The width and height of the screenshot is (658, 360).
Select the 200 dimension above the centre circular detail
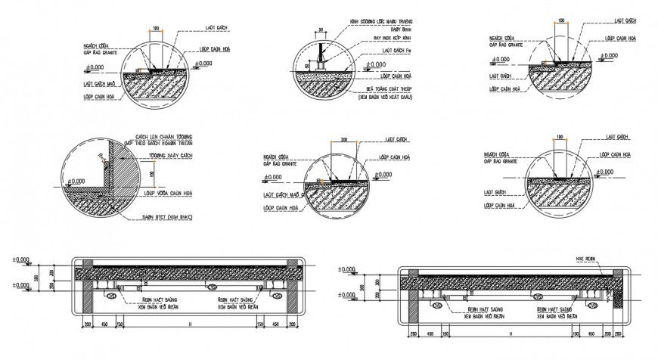click(x=344, y=140)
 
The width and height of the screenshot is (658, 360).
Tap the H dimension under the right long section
click(x=511, y=333)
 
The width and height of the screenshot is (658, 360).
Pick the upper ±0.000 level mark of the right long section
click(x=346, y=269)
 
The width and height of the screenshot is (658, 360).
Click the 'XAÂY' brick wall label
click(x=165, y=156)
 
